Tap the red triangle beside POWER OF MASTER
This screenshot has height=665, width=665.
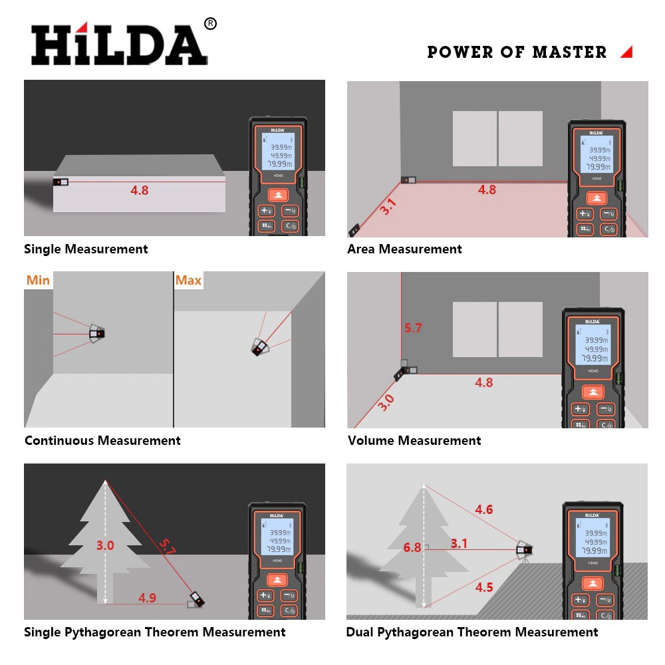pos(626,52)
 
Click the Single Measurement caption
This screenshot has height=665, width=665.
pos(86,249)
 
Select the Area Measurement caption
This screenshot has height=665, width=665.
pos(404,249)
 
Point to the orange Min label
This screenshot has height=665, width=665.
pos(38,280)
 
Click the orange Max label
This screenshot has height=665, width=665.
pos(188,280)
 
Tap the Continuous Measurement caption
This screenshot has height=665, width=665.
pos(102,440)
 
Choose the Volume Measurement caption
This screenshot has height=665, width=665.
pos(414,440)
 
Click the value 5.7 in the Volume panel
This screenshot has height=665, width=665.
pos(413,328)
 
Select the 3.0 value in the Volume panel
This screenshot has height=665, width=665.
pos(386,402)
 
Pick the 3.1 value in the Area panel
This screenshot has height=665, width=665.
pos(388,207)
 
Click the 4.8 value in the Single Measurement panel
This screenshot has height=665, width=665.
pos(140,190)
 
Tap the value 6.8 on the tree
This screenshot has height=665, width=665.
pos(412,548)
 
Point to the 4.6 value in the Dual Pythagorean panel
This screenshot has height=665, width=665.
pos(483,509)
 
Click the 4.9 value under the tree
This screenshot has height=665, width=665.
pos(147,598)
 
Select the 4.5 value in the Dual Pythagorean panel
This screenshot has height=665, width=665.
pos(483,587)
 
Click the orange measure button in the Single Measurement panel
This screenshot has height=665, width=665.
pos(279,195)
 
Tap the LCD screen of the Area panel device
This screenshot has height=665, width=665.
pos(597,154)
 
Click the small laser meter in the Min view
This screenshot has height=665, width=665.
pos(98,332)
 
